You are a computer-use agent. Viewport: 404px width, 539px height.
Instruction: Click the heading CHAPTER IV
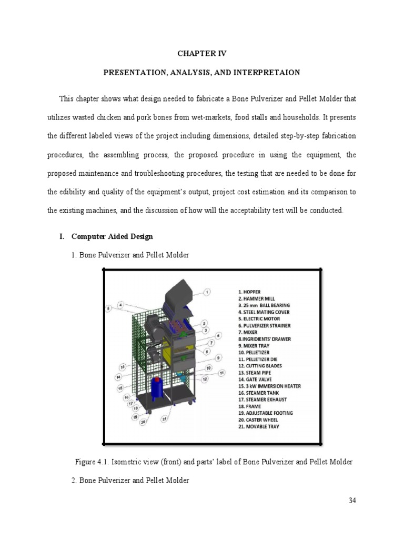[201, 53]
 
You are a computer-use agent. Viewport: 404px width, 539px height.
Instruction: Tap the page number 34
[352, 501]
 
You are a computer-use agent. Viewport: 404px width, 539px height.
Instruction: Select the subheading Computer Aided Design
[112, 236]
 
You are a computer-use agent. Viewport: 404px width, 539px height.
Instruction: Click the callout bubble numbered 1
[207, 292]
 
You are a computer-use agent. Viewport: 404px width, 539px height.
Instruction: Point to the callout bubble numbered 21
[165, 419]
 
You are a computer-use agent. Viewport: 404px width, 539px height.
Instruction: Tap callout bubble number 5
[108, 308]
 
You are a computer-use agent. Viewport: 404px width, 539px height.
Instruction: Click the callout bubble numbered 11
[222, 373]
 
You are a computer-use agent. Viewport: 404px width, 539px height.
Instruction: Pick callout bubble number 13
[122, 366]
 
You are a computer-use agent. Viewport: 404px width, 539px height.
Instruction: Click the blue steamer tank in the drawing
[156, 390]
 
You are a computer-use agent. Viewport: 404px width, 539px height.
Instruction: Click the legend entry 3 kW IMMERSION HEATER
[269, 386]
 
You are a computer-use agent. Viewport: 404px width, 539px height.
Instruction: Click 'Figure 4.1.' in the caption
[92, 462]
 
